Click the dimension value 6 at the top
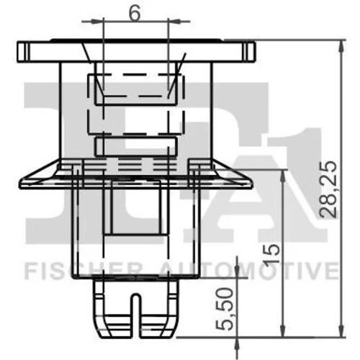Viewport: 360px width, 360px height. point(135,14)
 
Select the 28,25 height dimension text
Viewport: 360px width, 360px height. point(328,189)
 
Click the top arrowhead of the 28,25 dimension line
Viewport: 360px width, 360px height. point(341,45)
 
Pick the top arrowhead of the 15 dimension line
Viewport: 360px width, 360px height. point(284,176)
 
